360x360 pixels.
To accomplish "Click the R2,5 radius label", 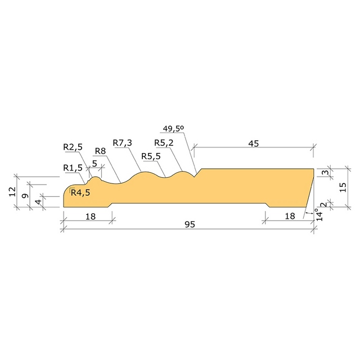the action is (73, 147).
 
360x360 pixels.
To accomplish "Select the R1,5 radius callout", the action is (73, 168).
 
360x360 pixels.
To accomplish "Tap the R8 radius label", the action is (100, 151).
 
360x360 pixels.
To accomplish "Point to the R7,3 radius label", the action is (123, 143).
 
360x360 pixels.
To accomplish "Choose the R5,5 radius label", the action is (151, 156).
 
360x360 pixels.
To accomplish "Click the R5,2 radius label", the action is (164, 143).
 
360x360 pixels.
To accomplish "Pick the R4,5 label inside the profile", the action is (80, 192).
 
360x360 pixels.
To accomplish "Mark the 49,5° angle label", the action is (173, 129).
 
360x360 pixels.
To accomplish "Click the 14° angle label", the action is (319, 214).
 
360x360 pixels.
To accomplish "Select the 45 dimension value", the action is (254, 143).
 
